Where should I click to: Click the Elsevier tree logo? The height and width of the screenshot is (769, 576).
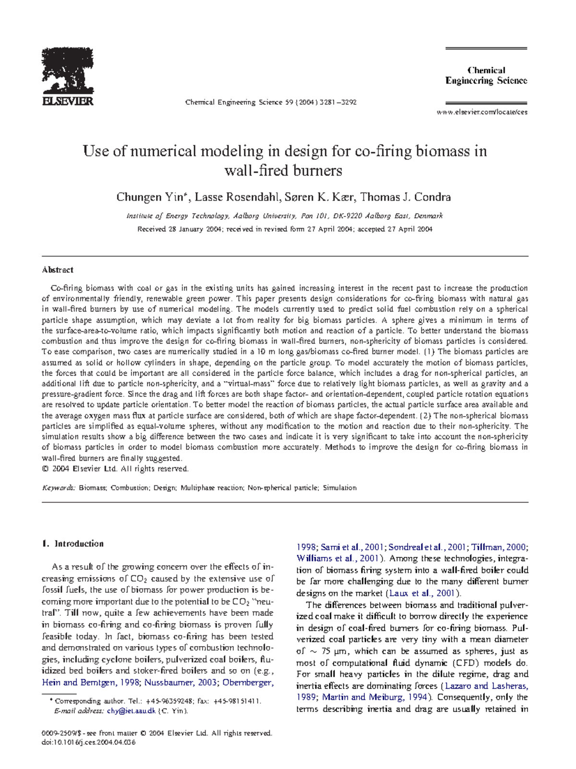coord(68,71)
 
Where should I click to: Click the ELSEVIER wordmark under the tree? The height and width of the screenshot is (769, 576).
coord(68,101)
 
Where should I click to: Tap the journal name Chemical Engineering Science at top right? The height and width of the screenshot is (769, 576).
coord(486,75)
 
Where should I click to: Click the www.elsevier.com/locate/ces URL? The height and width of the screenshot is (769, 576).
coord(481,112)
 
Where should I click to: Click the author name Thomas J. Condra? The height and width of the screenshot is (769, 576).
coord(405,197)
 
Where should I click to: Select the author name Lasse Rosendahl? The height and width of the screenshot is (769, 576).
coord(237,197)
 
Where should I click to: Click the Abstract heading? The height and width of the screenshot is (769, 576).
coord(58,270)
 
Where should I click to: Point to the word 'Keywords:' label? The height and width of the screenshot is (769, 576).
coord(59,488)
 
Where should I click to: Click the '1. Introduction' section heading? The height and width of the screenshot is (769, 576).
coord(73,543)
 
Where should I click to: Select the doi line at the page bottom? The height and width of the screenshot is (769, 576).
coord(89,742)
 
